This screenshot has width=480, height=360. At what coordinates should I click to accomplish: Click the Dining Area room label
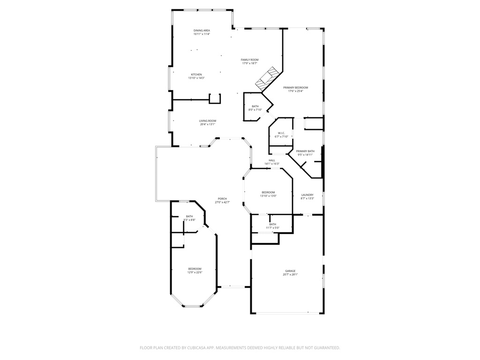[x=202, y=30]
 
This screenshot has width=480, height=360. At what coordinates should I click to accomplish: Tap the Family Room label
[x=250, y=60]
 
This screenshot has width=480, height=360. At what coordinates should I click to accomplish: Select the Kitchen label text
[x=196, y=75]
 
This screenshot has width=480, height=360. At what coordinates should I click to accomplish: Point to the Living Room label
[x=208, y=121]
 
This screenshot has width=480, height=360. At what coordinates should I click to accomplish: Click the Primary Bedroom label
[x=295, y=88]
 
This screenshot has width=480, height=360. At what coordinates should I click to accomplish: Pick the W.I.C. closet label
[x=281, y=133]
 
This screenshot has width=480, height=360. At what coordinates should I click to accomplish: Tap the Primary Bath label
[x=305, y=151]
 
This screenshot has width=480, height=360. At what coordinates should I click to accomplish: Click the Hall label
[x=272, y=160]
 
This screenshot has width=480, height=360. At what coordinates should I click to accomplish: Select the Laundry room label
[x=307, y=195]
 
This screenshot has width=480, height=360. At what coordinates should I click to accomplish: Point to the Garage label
[x=290, y=271]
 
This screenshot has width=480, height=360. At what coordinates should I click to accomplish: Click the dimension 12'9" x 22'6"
[x=195, y=272]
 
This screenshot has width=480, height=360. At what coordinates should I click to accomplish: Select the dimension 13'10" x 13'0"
[x=268, y=196]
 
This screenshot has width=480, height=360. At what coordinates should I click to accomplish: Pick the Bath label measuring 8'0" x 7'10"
[x=255, y=106]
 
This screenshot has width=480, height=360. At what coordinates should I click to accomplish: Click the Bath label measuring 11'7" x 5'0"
[x=272, y=224]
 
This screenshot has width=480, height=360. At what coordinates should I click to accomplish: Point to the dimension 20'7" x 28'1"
[x=290, y=275]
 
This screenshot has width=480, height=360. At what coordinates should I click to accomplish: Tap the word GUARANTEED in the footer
[x=326, y=348]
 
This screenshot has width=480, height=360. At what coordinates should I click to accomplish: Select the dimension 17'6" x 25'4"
[x=295, y=91]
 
